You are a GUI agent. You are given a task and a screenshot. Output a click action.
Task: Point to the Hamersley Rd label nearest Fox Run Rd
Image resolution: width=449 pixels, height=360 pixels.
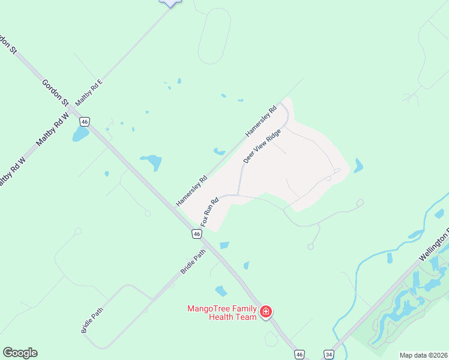coord(191,191)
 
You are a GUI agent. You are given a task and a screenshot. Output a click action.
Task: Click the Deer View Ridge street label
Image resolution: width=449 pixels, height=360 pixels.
coord(262,146)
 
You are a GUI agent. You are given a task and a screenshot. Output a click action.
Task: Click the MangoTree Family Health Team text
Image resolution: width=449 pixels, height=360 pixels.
coord(222,313)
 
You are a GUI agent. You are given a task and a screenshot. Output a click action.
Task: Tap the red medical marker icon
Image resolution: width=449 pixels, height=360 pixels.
coord(266,312)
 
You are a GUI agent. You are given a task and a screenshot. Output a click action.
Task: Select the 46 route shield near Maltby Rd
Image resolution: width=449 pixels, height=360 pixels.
coord(85,122)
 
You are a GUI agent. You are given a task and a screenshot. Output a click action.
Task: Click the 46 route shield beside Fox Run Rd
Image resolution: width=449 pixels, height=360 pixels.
coord(197,233)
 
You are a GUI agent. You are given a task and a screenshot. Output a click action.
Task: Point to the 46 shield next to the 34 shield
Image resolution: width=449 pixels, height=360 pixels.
coord(300,355)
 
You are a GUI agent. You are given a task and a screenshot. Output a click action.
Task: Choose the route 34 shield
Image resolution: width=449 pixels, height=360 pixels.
coord(328,355)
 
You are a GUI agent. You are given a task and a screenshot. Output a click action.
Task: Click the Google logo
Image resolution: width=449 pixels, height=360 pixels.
coord(20,353)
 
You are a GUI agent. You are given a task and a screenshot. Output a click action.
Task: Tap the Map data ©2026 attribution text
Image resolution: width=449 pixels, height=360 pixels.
coord(423,355)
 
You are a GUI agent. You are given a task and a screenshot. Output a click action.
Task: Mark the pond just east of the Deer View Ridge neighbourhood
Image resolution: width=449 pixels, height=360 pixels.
coord(358,166)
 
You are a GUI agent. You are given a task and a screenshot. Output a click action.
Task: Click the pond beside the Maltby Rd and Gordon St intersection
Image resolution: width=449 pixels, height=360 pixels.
coord(80,134)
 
